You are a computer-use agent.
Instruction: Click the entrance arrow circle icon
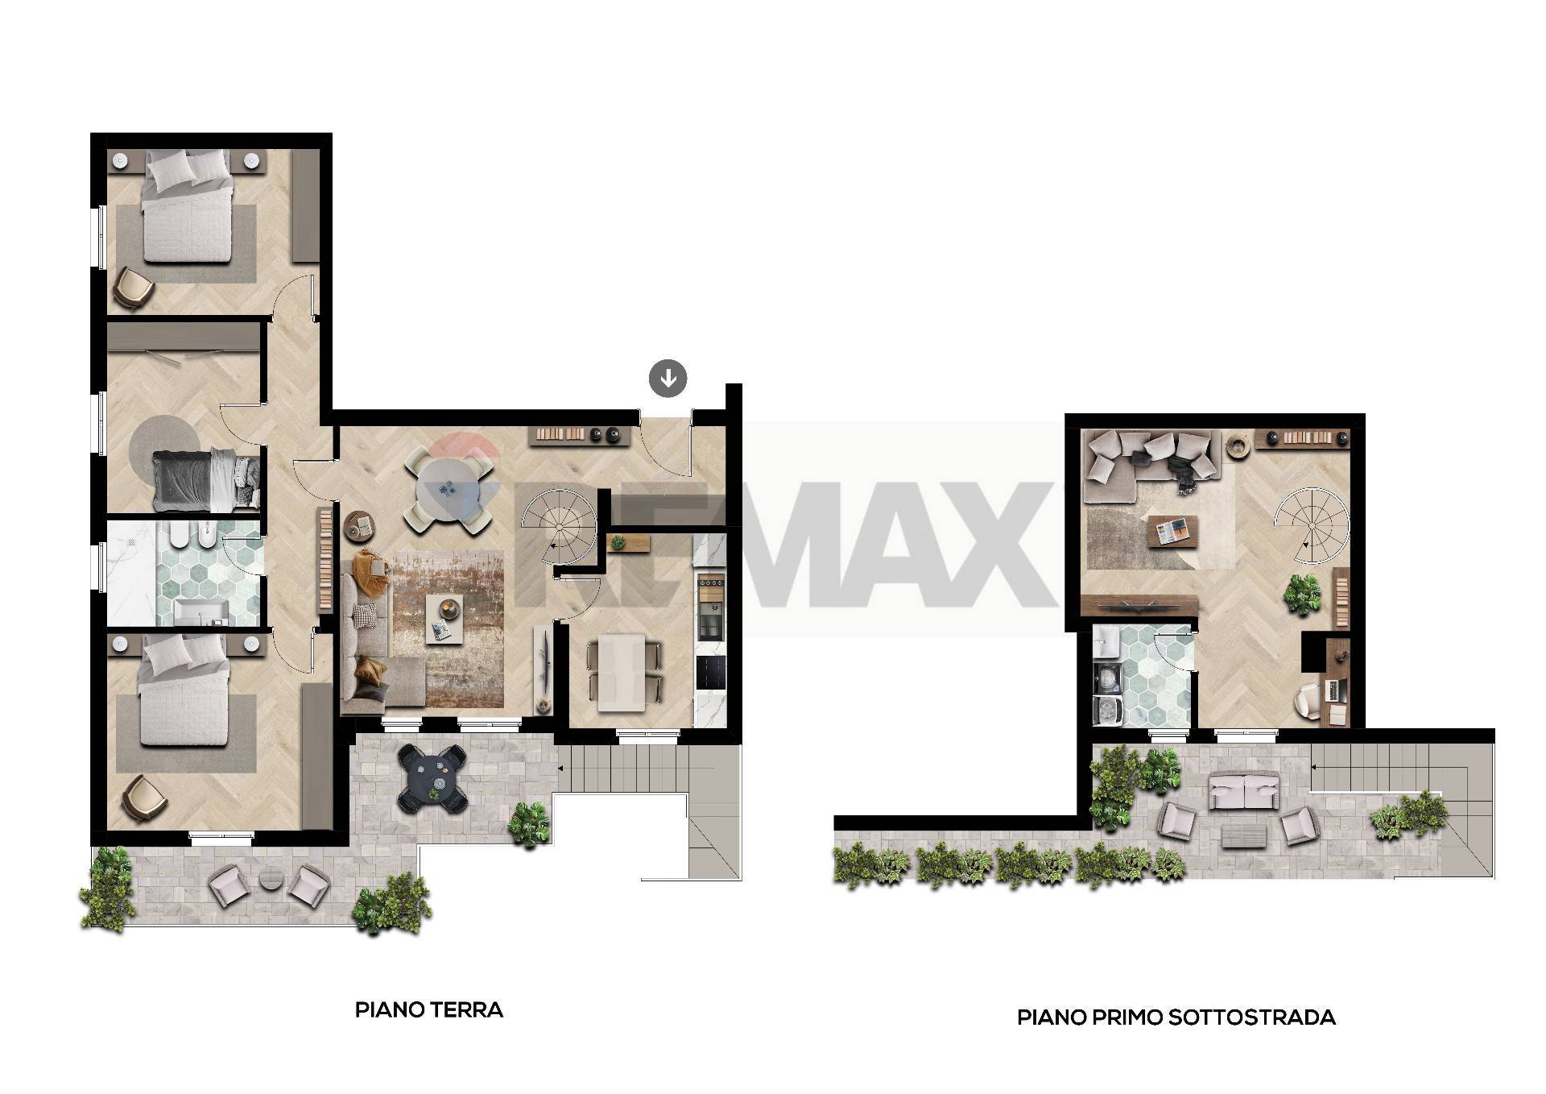tap(668, 377)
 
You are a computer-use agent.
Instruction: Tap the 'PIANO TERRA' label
tap(429, 1010)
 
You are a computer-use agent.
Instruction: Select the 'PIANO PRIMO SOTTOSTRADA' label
tap(1176, 1017)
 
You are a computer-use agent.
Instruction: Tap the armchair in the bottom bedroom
tap(144, 796)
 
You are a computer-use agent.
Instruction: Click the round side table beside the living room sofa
tap(361, 526)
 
